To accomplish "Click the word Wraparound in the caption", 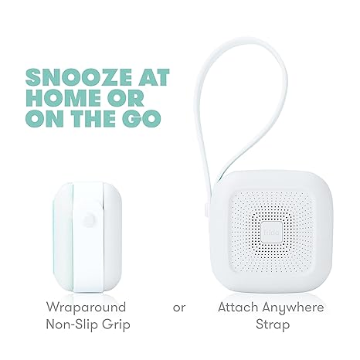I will (87, 307).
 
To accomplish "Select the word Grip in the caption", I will (117, 325).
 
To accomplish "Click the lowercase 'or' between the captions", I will (179, 307).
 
